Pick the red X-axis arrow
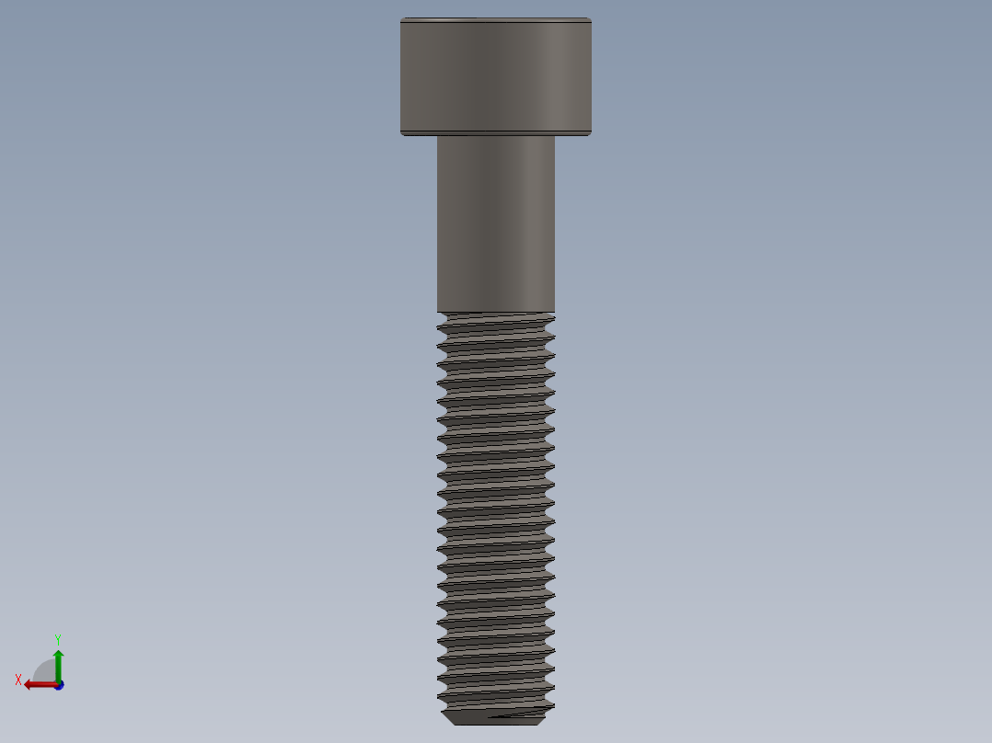point(39,684)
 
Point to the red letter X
point(18,680)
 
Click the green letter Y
point(57,638)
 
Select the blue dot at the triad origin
point(59,685)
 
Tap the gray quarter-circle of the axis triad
point(46,671)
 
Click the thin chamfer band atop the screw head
point(495,20)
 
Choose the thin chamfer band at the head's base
point(495,133)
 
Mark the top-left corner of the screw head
point(401,18)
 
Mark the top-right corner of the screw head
point(591,18)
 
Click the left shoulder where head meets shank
point(437,136)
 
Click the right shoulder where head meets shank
point(555,136)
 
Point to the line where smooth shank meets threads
point(495,312)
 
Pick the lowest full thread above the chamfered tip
point(495,696)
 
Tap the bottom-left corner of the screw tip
point(450,725)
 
